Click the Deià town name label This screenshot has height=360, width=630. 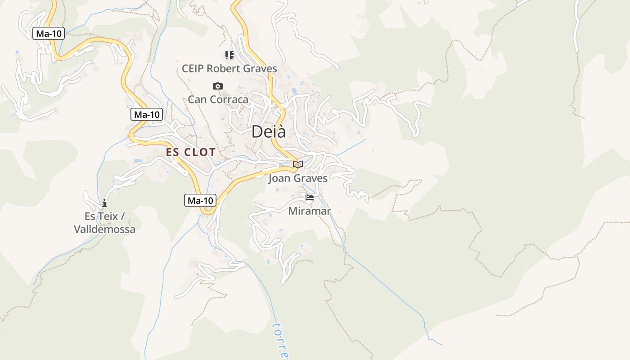[268, 131]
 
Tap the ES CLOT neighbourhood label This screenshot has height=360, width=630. [191, 152]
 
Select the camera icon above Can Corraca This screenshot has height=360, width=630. [218, 86]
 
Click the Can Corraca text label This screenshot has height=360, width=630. [218, 99]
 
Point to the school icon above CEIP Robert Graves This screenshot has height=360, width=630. [229, 55]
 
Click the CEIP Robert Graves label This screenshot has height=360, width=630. [229, 69]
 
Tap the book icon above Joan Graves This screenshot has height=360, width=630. [297, 164]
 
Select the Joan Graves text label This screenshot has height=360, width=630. [297, 178]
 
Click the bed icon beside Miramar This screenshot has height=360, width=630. [309, 197]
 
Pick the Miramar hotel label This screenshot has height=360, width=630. [309, 211]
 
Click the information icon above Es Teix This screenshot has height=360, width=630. [104, 203]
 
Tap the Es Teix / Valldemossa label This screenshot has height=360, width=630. [104, 223]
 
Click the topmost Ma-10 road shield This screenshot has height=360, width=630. [49, 33]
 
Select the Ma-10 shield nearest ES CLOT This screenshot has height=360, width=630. [147, 114]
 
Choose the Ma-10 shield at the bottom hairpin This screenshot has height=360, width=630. [200, 200]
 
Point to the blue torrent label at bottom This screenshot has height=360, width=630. [282, 340]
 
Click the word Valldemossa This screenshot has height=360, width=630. [104, 229]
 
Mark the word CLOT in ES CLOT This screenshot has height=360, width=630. [200, 152]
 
